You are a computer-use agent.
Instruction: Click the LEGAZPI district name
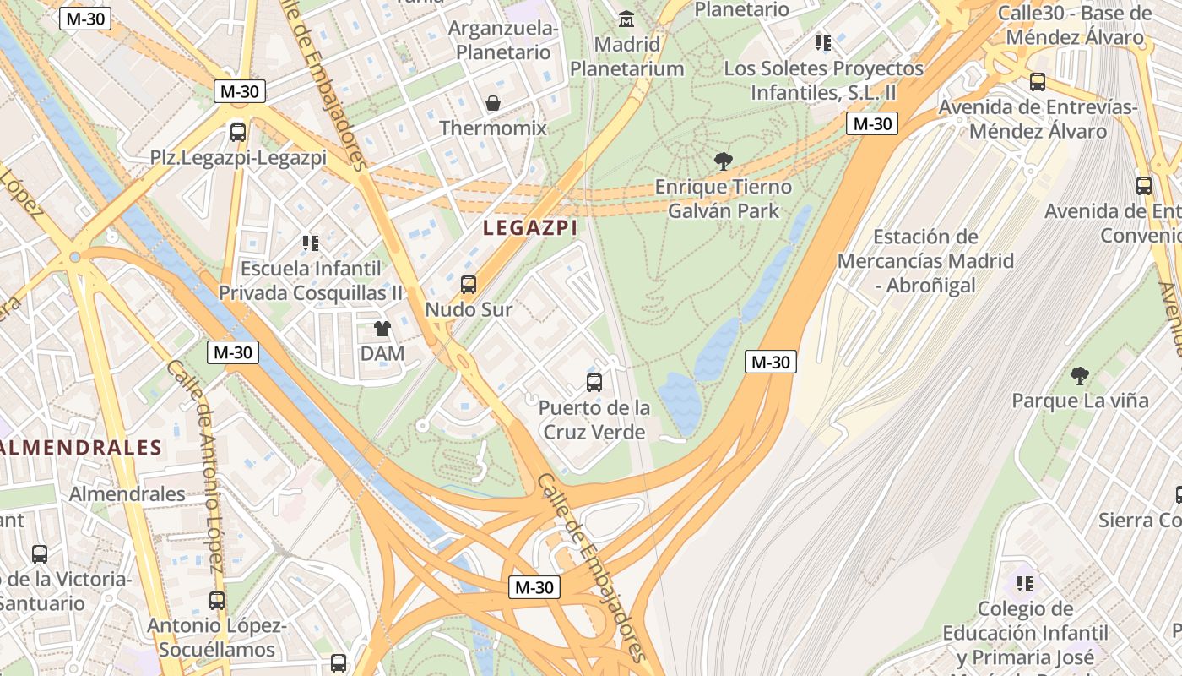[x=530, y=227]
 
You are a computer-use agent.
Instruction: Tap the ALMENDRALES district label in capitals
[x=81, y=448]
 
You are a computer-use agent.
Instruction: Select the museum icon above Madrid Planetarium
[x=626, y=19]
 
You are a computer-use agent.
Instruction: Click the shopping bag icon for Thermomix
[x=493, y=104]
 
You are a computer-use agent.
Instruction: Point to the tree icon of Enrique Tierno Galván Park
[x=723, y=161]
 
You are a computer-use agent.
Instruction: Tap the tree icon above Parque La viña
[x=1079, y=375]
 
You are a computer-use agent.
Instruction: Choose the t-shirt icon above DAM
[x=382, y=329]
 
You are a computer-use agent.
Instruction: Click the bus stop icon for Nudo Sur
[x=469, y=285]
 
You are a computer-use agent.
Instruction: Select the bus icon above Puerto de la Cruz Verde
[x=594, y=383]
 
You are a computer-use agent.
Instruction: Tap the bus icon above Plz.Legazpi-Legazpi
[x=238, y=133]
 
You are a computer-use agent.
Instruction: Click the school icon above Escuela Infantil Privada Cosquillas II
[x=311, y=243]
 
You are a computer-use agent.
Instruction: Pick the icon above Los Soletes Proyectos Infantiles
[x=823, y=42]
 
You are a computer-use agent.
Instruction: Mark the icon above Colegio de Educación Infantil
[x=1025, y=583]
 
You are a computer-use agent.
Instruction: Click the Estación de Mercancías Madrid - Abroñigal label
[x=925, y=261]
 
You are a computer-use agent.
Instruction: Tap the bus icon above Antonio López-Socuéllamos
[x=217, y=601]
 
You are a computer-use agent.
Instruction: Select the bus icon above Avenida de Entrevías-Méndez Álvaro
[x=1038, y=82]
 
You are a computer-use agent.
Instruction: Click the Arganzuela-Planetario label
[x=503, y=41]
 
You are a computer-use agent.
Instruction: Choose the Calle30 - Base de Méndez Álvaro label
[x=1075, y=25]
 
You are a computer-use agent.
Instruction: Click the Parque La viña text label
[x=1081, y=401]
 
